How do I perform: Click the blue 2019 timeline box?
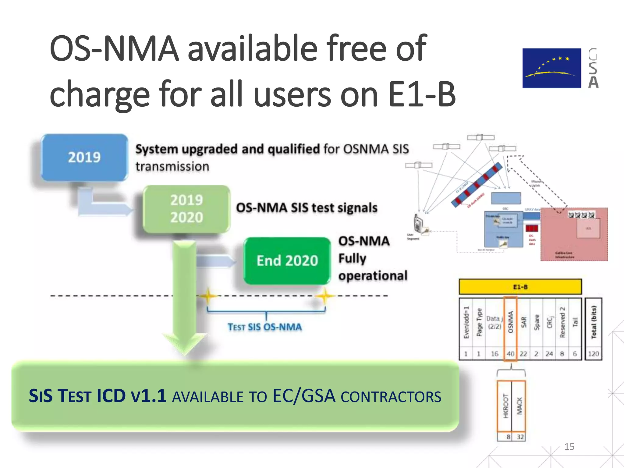tap(84, 157)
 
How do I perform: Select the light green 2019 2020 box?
tap(186, 209)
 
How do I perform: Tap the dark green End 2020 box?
tap(287, 261)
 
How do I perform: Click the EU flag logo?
tap(551, 68)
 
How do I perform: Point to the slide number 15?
tap(569, 447)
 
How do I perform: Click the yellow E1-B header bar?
tap(520, 287)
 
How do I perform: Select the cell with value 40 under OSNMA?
tap(510, 354)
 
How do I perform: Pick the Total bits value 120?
tap(593, 354)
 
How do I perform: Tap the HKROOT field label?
tap(505, 406)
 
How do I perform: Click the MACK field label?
tap(519, 406)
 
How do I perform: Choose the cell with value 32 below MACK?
tap(520, 437)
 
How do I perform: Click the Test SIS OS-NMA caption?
tap(264, 327)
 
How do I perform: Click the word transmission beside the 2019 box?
tap(172, 167)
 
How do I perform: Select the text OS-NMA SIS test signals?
tap(307, 208)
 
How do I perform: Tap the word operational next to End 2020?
tap(373, 276)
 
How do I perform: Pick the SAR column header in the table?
tap(523, 322)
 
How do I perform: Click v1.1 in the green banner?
tap(148, 396)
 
